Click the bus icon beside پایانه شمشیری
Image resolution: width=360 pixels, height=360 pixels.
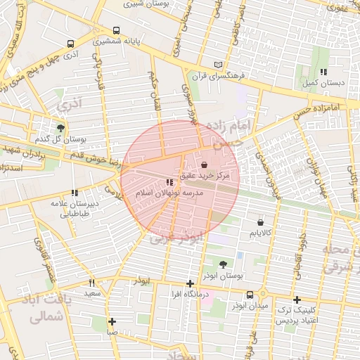tap(116, 31)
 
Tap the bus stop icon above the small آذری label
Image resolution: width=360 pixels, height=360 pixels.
tap(70, 43)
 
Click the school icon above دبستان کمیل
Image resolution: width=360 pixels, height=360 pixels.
tap(323, 72)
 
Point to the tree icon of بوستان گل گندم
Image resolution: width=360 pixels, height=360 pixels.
tap(61, 128)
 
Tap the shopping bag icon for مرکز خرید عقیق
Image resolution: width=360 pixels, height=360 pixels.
tap(204, 165)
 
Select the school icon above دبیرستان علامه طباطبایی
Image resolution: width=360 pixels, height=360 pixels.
tap(74, 193)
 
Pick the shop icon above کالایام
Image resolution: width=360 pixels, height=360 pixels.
tap(260, 222)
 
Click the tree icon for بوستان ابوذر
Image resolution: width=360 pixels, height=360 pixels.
tap(223, 264)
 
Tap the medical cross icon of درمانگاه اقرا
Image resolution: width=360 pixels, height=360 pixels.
tap(190, 283)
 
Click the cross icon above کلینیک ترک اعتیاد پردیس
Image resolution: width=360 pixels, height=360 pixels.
tap(297, 300)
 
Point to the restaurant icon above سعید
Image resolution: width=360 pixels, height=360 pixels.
tap(91, 283)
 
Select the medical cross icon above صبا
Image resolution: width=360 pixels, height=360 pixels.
tap(112, 321)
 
